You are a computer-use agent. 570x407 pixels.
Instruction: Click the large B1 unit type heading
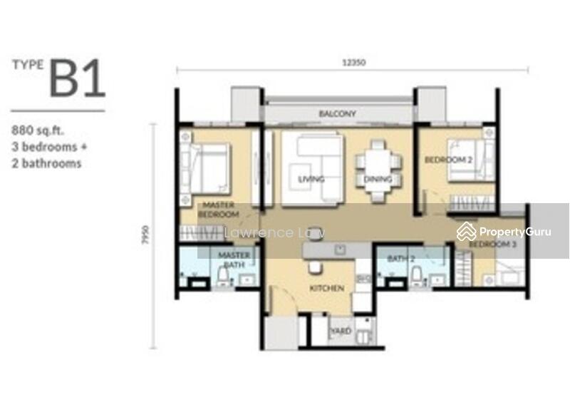(77, 78)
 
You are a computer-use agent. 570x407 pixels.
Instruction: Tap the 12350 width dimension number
(353, 62)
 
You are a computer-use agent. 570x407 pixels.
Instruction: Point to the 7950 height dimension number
(146, 235)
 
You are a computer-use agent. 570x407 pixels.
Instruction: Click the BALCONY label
(338, 114)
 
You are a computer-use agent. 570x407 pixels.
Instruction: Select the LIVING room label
(311, 179)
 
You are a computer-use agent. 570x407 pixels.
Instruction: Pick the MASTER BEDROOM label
(219, 209)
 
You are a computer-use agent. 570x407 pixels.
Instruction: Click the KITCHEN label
(326, 289)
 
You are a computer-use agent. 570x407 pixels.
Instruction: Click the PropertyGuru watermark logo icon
(466, 232)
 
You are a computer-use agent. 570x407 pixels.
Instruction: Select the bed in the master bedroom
(206, 168)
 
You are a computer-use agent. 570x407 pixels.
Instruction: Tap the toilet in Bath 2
(417, 275)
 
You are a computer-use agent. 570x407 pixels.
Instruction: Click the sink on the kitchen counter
(340, 249)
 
